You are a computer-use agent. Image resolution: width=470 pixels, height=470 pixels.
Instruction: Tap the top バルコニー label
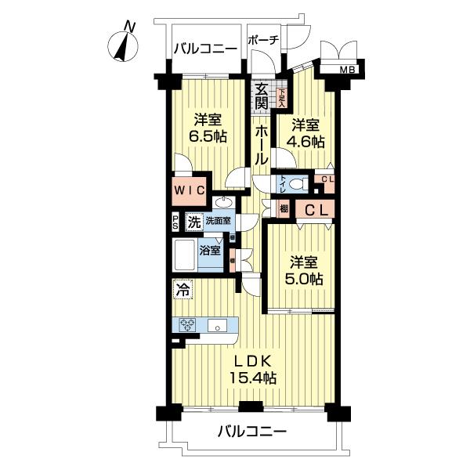point(205,49)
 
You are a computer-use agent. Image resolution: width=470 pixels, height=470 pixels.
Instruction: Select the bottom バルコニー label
point(251,431)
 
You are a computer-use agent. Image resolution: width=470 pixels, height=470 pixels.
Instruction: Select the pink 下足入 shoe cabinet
point(282,97)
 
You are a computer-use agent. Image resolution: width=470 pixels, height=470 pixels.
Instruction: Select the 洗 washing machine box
point(193,222)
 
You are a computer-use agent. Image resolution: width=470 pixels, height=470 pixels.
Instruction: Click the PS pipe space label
point(176,222)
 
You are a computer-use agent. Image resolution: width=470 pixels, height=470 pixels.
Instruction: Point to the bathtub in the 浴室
point(186,255)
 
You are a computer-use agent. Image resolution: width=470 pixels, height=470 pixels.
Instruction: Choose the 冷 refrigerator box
point(180,289)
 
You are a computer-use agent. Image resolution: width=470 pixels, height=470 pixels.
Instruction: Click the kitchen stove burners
point(188,325)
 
